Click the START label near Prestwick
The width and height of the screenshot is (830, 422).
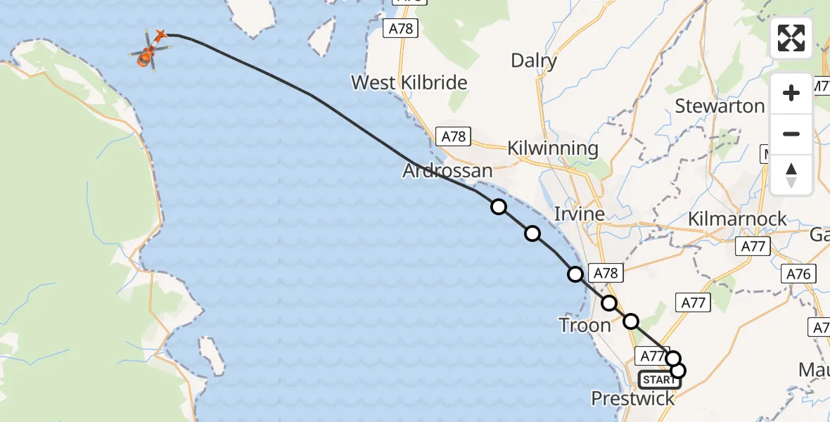[659, 380]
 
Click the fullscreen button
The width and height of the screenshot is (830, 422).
[791, 38]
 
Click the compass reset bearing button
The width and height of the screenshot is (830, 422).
[791, 175]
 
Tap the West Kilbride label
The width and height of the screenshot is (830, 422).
[409, 83]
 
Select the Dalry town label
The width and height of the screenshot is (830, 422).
[534, 60]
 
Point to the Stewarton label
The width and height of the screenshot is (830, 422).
[720, 106]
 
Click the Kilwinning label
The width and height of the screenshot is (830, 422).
[553, 149]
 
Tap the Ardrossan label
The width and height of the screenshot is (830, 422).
[447, 171]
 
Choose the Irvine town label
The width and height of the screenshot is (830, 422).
[579, 214]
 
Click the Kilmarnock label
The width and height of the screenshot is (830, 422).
[738, 219]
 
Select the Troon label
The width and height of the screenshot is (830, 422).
[585, 325]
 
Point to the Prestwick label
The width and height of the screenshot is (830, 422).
[632, 399]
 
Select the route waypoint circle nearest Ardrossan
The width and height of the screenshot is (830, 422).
[499, 207]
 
